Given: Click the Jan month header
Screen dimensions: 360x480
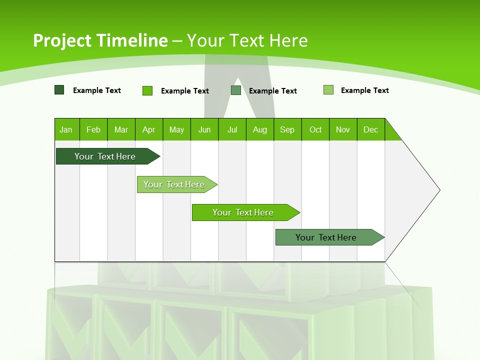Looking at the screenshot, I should (66, 129).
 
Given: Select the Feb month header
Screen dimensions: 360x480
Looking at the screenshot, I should (93, 129).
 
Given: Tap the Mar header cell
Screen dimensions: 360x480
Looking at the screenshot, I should (121, 129).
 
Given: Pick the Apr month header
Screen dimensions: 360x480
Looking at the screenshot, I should (149, 129).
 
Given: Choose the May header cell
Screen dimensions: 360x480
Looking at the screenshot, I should (176, 129).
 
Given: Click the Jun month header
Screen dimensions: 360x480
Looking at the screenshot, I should (204, 129).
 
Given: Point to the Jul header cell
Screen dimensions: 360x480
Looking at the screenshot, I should (232, 129).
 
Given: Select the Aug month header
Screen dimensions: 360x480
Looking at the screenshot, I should (260, 129).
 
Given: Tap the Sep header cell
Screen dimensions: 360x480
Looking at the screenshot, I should (287, 129).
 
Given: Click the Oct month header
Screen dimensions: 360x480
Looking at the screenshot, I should (315, 129).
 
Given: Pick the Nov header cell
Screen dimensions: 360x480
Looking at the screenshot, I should (343, 129).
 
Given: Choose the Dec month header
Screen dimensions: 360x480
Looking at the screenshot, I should (371, 129).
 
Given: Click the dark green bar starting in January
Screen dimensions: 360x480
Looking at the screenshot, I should (105, 156).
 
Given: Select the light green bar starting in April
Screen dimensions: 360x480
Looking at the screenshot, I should (174, 184).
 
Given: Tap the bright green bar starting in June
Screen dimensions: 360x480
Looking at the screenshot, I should (243, 212).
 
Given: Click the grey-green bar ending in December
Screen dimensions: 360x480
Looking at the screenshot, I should (326, 237).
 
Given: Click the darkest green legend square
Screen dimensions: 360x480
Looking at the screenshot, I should (59, 90).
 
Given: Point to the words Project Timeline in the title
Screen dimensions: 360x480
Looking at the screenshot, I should (100, 40).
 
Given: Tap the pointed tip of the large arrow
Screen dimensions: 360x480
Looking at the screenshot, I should (438, 190).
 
